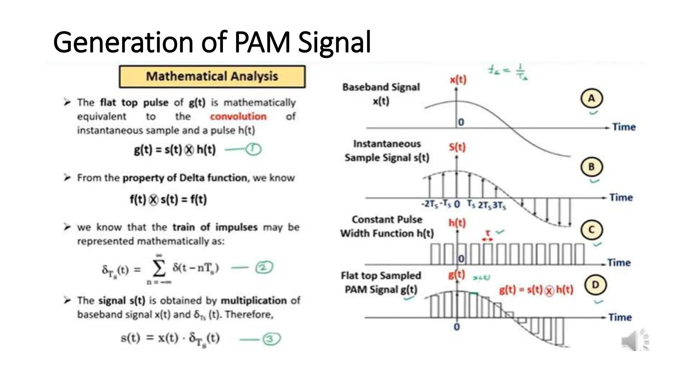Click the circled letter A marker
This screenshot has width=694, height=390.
(x=591, y=99)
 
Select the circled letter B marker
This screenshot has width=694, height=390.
(x=591, y=167)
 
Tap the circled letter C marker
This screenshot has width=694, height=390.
(x=591, y=230)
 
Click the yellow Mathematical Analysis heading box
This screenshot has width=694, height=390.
(x=212, y=77)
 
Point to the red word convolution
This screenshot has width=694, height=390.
(x=238, y=116)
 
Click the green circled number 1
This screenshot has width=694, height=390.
(x=253, y=149)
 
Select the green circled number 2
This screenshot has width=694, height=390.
(x=264, y=268)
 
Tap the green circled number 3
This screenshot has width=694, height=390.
(x=271, y=339)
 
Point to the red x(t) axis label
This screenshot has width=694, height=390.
(x=458, y=80)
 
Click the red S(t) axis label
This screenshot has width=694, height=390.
(x=457, y=147)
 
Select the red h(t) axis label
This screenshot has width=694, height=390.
(x=457, y=223)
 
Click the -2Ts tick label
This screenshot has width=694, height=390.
(x=429, y=204)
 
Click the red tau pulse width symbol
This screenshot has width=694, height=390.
(x=488, y=233)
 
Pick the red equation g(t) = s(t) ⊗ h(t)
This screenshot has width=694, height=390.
(x=536, y=290)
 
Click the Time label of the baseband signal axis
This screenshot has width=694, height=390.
(x=624, y=127)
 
